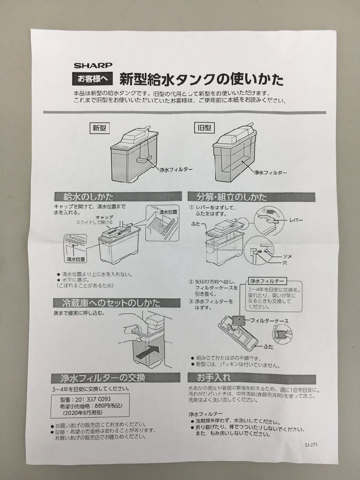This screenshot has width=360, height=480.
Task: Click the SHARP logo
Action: click(x=93, y=65)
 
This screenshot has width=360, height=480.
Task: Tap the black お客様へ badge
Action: click(x=92, y=79)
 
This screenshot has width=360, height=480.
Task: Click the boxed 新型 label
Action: click(x=100, y=128)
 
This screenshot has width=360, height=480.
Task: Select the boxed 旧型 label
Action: click(x=204, y=128)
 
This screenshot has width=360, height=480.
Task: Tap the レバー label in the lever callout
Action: click(x=296, y=220)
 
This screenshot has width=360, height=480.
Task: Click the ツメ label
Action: click(x=288, y=256)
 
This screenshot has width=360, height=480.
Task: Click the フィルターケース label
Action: click(x=269, y=321)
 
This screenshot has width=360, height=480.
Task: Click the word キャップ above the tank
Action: click(x=104, y=217)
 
